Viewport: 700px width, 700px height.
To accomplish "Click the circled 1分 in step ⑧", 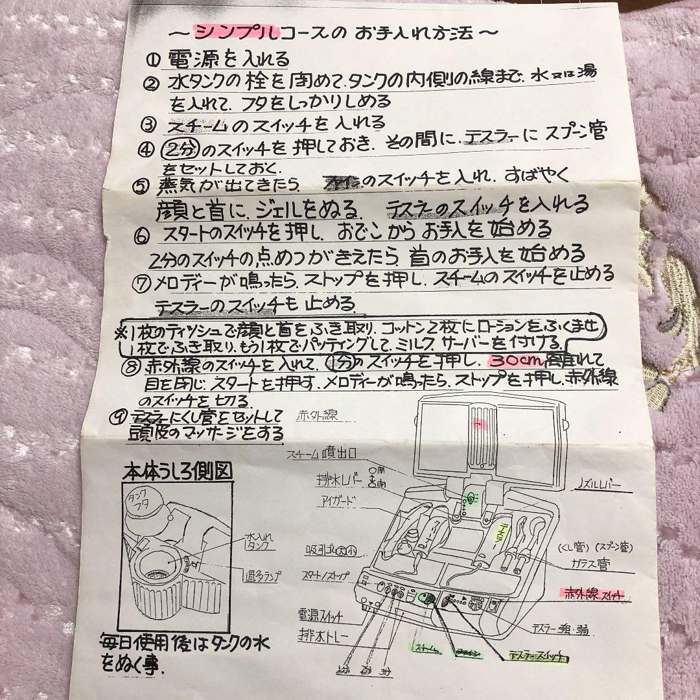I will click(337, 360).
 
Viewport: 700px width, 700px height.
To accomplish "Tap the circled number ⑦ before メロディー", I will click(144, 283).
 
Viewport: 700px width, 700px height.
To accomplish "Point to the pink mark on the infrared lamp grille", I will click(480, 424).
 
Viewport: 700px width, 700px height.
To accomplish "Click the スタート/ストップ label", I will click(323, 575).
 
